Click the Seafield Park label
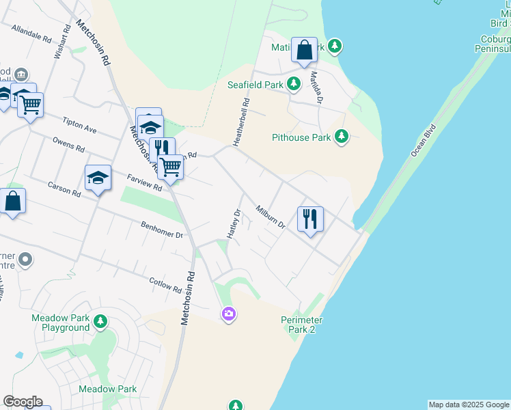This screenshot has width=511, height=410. tap(255, 85)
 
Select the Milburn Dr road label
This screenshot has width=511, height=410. tap(270, 219)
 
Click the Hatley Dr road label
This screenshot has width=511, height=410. tap(234, 223)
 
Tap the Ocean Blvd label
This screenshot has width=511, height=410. tap(423, 140)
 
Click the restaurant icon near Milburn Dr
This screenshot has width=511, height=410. tap(310, 219)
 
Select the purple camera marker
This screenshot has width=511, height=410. tap(228, 314)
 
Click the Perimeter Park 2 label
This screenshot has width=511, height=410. tap(302, 325)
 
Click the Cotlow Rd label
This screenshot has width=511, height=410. tap(166, 284)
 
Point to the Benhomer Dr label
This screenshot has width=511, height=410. tap(162, 230)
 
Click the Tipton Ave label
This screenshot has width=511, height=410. tap(79, 127)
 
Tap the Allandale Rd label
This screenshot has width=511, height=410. tap(31, 33)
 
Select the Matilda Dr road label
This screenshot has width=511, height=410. tap(316, 87)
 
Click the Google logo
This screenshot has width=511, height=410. tap(23, 402)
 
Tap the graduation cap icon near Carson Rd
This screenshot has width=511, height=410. tap(98, 178)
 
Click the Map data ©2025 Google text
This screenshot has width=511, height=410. tap(469, 405)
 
